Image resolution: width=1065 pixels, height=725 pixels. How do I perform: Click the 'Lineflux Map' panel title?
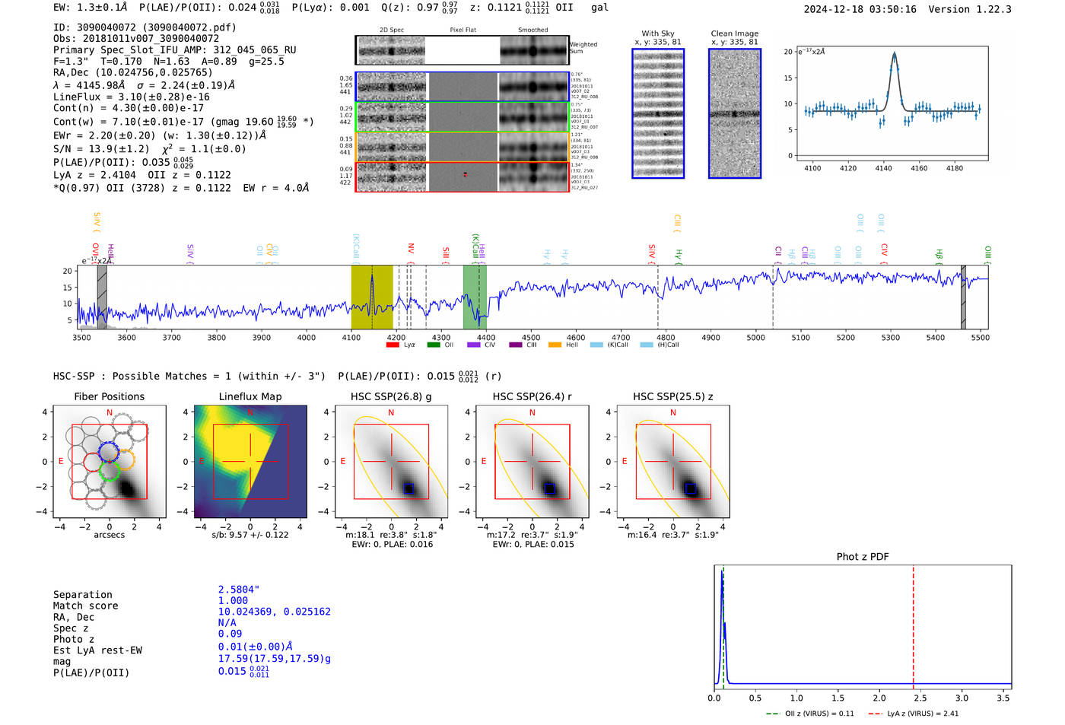250,396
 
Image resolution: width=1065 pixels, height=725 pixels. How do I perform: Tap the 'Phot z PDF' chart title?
863,557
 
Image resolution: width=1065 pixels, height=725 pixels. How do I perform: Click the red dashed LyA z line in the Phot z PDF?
913,624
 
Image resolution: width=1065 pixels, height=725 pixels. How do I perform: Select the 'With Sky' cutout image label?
657,33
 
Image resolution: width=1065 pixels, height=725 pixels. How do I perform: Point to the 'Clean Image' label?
734,33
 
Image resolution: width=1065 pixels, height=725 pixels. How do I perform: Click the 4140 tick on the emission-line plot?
883,168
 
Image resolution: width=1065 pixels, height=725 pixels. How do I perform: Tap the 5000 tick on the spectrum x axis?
755,337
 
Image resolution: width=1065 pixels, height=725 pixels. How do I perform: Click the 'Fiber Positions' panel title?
109,396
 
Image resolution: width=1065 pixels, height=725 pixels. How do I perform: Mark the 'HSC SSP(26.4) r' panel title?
532,396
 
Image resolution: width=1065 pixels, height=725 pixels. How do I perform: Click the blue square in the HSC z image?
690,488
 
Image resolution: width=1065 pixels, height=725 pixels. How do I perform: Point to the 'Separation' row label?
82,595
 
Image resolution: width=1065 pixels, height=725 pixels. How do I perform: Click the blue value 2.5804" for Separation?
239,590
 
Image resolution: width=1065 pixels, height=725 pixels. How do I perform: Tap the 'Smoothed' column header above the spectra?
532,30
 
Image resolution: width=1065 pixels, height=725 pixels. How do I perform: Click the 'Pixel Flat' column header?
463,30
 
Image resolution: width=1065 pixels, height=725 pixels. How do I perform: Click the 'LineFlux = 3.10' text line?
131,97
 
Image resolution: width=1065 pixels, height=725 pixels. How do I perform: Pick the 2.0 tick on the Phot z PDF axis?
879,698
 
